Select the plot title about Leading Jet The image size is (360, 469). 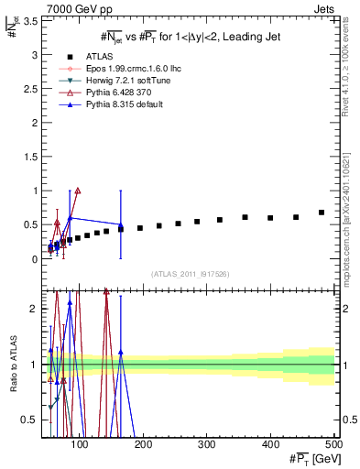tap(189, 37)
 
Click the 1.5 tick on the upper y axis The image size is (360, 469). tap(32, 157)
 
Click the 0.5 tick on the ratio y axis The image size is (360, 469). tap(32, 420)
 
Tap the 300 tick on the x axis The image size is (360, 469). tap(207, 446)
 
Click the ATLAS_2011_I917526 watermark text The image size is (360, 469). tap(190, 273)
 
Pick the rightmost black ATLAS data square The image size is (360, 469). tap(322, 213)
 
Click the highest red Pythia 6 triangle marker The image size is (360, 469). tap(78, 191)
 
